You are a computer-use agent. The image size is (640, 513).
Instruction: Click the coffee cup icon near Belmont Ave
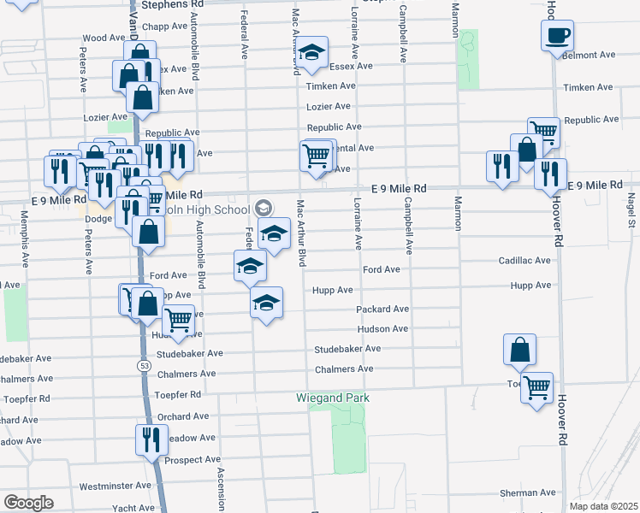[x=557, y=35]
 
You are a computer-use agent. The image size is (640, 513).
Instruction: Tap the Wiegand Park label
[x=333, y=398]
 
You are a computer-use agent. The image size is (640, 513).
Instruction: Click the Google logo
[x=28, y=503]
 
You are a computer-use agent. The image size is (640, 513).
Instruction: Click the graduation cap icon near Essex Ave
[x=313, y=54]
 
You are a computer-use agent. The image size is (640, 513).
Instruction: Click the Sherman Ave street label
[x=528, y=493]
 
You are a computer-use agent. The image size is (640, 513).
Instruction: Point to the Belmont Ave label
[x=590, y=55]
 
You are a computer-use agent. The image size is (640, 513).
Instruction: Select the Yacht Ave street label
[x=133, y=508]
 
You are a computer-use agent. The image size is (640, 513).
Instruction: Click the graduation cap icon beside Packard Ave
[x=266, y=302]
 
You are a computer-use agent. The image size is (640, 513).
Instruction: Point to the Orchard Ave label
[x=182, y=416]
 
